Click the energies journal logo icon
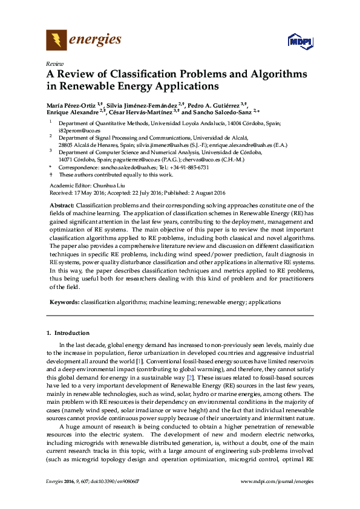click(56, 41)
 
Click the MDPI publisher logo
click(300, 41)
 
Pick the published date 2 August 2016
click(205, 193)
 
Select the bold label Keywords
click(64, 301)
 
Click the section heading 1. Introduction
click(68, 333)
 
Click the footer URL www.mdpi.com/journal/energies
click(277, 498)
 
